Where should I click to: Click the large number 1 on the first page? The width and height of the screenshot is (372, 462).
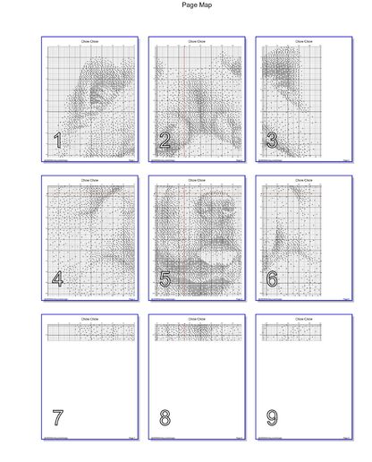[57, 141]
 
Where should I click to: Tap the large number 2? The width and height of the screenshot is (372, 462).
[165, 141]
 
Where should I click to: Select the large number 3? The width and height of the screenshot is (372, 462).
[272, 141]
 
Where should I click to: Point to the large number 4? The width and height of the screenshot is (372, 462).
[57, 279]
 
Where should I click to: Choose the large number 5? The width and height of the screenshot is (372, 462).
[165, 279]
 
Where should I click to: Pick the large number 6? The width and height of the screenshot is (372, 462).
[272, 279]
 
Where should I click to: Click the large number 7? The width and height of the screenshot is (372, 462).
[57, 417]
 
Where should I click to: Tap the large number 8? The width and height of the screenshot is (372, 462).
[165, 417]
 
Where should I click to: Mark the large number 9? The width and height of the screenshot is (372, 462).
[272, 417]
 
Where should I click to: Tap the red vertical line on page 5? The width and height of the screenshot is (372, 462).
[182, 237]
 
